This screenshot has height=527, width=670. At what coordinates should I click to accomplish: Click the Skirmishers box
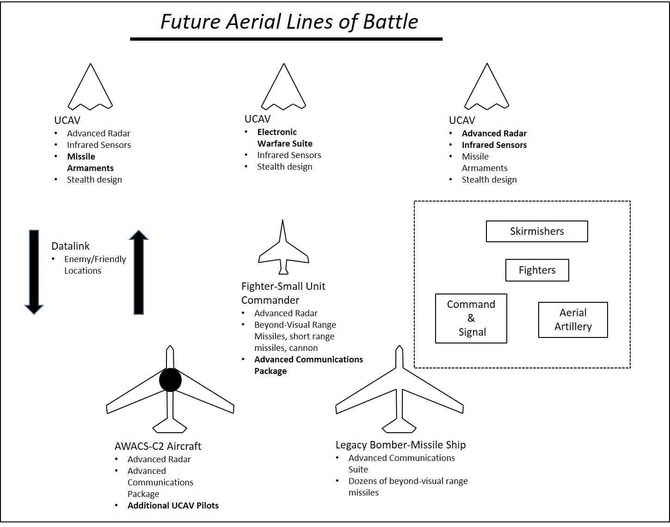536,231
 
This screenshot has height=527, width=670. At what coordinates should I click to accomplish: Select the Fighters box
537,270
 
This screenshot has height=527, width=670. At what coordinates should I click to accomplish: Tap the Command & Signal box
471,318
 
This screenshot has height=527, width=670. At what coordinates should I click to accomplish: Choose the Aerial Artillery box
572,319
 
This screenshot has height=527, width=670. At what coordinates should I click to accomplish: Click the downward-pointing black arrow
34,270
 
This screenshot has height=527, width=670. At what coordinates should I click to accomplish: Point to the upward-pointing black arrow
138,273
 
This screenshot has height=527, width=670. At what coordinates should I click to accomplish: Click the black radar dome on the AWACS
170,380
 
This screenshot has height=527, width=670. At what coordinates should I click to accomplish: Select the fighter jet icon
283,250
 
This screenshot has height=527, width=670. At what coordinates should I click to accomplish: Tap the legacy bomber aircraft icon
399,393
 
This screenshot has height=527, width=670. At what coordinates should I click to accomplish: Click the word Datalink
70,246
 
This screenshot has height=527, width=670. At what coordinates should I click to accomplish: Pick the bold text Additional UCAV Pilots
173,505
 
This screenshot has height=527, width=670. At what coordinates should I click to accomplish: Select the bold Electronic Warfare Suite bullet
284,138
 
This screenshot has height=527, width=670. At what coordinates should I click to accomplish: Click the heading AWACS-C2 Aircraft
158,446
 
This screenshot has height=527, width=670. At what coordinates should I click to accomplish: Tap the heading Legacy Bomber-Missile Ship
400,445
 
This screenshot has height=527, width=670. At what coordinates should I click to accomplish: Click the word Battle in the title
390,22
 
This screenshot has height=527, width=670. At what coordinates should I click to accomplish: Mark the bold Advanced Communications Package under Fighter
308,365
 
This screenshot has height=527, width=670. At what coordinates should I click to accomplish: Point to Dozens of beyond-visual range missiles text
407,486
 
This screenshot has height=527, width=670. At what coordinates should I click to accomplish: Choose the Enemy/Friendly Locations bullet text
95,264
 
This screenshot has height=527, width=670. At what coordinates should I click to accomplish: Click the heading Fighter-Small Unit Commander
283,293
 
